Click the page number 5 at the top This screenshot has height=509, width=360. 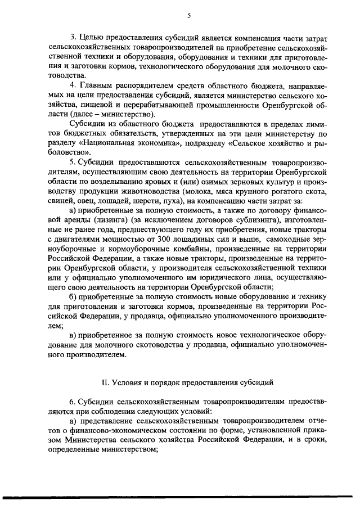pos(181,16)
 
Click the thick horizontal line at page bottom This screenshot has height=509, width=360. pos(180,497)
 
